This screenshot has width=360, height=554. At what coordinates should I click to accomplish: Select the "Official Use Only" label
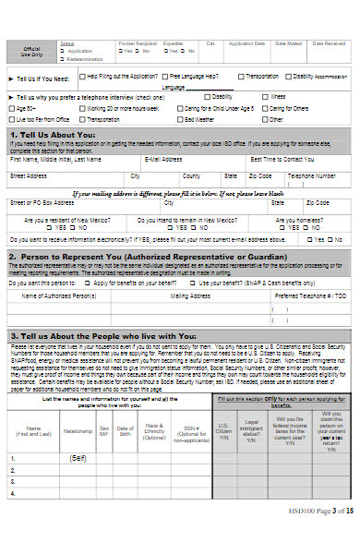32,50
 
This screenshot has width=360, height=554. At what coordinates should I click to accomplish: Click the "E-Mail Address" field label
164,159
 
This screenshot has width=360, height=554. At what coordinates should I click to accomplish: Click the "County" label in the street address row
191,175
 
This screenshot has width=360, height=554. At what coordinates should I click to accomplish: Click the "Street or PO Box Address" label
42,201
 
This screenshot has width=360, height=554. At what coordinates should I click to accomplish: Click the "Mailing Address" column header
190,295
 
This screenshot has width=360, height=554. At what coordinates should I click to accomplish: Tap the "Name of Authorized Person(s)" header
58,295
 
